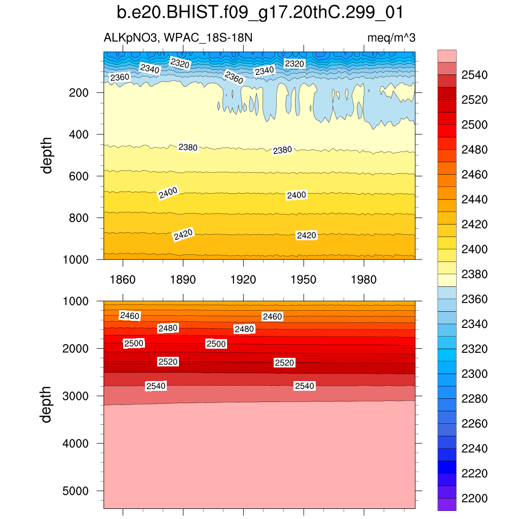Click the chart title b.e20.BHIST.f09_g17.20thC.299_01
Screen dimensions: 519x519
click(x=259, y=13)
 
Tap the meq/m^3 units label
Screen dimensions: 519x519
click(x=391, y=38)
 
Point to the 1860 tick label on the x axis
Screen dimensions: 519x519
click(x=123, y=279)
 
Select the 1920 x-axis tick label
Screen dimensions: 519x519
click(x=243, y=279)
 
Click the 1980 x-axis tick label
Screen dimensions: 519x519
click(x=364, y=279)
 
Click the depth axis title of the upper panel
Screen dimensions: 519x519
click(x=47, y=155)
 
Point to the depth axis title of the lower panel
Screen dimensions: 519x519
click(x=47, y=404)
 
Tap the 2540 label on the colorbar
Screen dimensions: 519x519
click(x=474, y=76)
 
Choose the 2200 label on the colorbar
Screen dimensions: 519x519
click(x=474, y=498)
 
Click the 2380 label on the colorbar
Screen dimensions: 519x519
click(x=474, y=274)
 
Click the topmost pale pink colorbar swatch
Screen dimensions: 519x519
click(x=447, y=56)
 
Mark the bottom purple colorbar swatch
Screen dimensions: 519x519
click(x=447, y=504)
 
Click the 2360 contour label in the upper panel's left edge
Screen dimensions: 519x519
click(x=120, y=78)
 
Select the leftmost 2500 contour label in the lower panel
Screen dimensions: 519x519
click(x=134, y=344)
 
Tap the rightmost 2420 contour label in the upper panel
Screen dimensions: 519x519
click(x=307, y=236)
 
